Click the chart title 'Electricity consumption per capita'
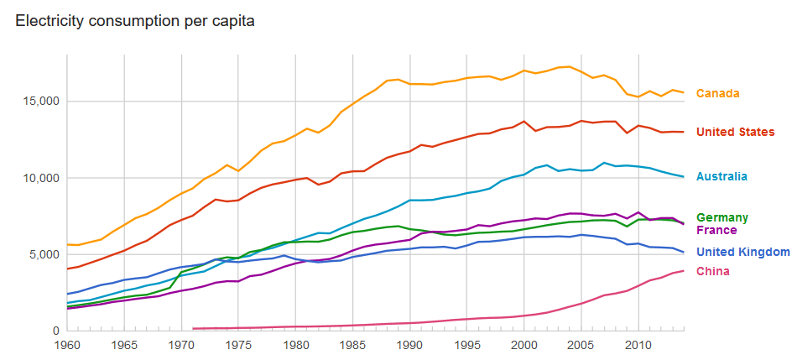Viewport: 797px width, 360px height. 135,18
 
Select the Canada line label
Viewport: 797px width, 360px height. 717,93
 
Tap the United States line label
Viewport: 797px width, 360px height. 735,132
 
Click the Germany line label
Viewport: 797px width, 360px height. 721,217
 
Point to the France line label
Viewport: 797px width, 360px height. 716,230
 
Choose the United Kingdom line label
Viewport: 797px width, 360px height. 742,252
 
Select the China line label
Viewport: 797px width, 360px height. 713,271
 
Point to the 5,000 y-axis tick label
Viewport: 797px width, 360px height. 44,254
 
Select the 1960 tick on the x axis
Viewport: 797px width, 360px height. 67,345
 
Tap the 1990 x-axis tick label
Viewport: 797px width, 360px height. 410,345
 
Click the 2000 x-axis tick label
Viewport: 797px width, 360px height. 524,345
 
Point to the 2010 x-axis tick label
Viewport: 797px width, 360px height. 638,345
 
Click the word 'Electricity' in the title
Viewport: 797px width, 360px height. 49,18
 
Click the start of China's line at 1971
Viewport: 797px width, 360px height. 194,328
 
